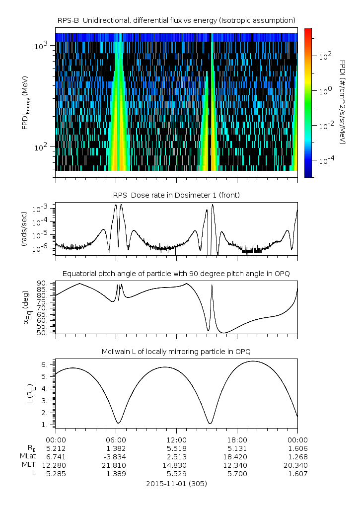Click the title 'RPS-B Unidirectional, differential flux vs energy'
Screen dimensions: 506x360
click(x=176, y=20)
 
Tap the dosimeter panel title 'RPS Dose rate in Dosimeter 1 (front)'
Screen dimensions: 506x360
click(x=176, y=195)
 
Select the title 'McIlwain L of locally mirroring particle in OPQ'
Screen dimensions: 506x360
click(x=176, y=352)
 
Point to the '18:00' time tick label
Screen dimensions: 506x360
click(x=237, y=440)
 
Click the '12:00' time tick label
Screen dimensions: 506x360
click(x=176, y=440)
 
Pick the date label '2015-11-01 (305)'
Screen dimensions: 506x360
click(x=176, y=483)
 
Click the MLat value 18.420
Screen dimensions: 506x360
click(x=237, y=457)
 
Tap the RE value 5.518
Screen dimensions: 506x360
click(x=176, y=448)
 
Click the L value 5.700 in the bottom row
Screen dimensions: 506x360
click(x=237, y=474)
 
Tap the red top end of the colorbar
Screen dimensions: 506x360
click(x=308, y=30)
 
